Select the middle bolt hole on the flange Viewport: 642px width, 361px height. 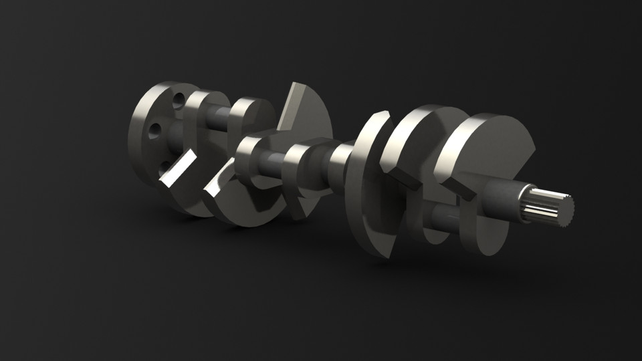click(154, 130)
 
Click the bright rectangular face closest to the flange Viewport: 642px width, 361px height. click(177, 169)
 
